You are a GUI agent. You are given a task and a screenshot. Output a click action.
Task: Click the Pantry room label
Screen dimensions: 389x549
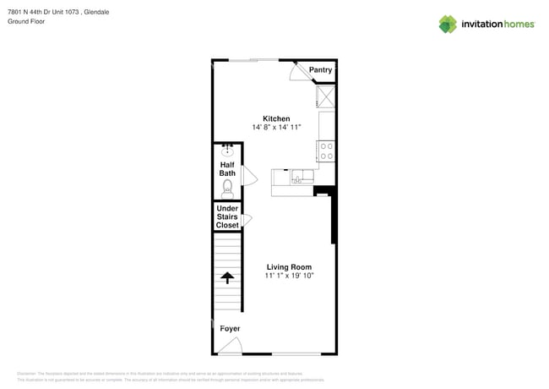(320, 70)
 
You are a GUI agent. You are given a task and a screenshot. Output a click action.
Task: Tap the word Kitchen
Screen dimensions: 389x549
(276, 118)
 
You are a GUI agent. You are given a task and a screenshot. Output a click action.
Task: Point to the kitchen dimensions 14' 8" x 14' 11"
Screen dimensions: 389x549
(276, 128)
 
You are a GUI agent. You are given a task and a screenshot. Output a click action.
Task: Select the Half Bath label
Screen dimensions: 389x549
(227, 169)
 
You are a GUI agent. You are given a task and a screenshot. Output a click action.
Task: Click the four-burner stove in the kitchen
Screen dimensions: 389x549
(326, 151)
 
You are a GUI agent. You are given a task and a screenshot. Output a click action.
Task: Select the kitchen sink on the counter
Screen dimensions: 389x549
(299, 178)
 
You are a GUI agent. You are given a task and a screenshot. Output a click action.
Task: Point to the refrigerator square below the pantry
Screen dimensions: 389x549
(325, 96)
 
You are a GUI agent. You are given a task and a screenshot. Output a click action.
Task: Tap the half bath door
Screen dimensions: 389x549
(249, 175)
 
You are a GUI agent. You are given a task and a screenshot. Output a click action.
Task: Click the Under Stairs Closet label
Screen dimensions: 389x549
(227, 216)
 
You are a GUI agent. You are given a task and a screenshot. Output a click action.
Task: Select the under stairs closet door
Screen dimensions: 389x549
(247, 220)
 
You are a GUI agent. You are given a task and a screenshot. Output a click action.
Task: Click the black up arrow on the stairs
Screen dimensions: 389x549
(227, 277)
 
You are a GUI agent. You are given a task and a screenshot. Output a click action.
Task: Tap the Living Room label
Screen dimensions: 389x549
(288, 267)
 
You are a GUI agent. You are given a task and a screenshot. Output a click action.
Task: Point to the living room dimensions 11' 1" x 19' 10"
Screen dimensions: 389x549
(288, 277)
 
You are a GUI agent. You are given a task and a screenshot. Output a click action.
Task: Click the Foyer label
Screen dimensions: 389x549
(230, 328)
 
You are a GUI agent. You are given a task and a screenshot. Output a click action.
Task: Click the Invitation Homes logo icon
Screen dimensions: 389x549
(448, 24)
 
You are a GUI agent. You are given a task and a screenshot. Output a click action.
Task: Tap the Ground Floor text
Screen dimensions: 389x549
(26, 21)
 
